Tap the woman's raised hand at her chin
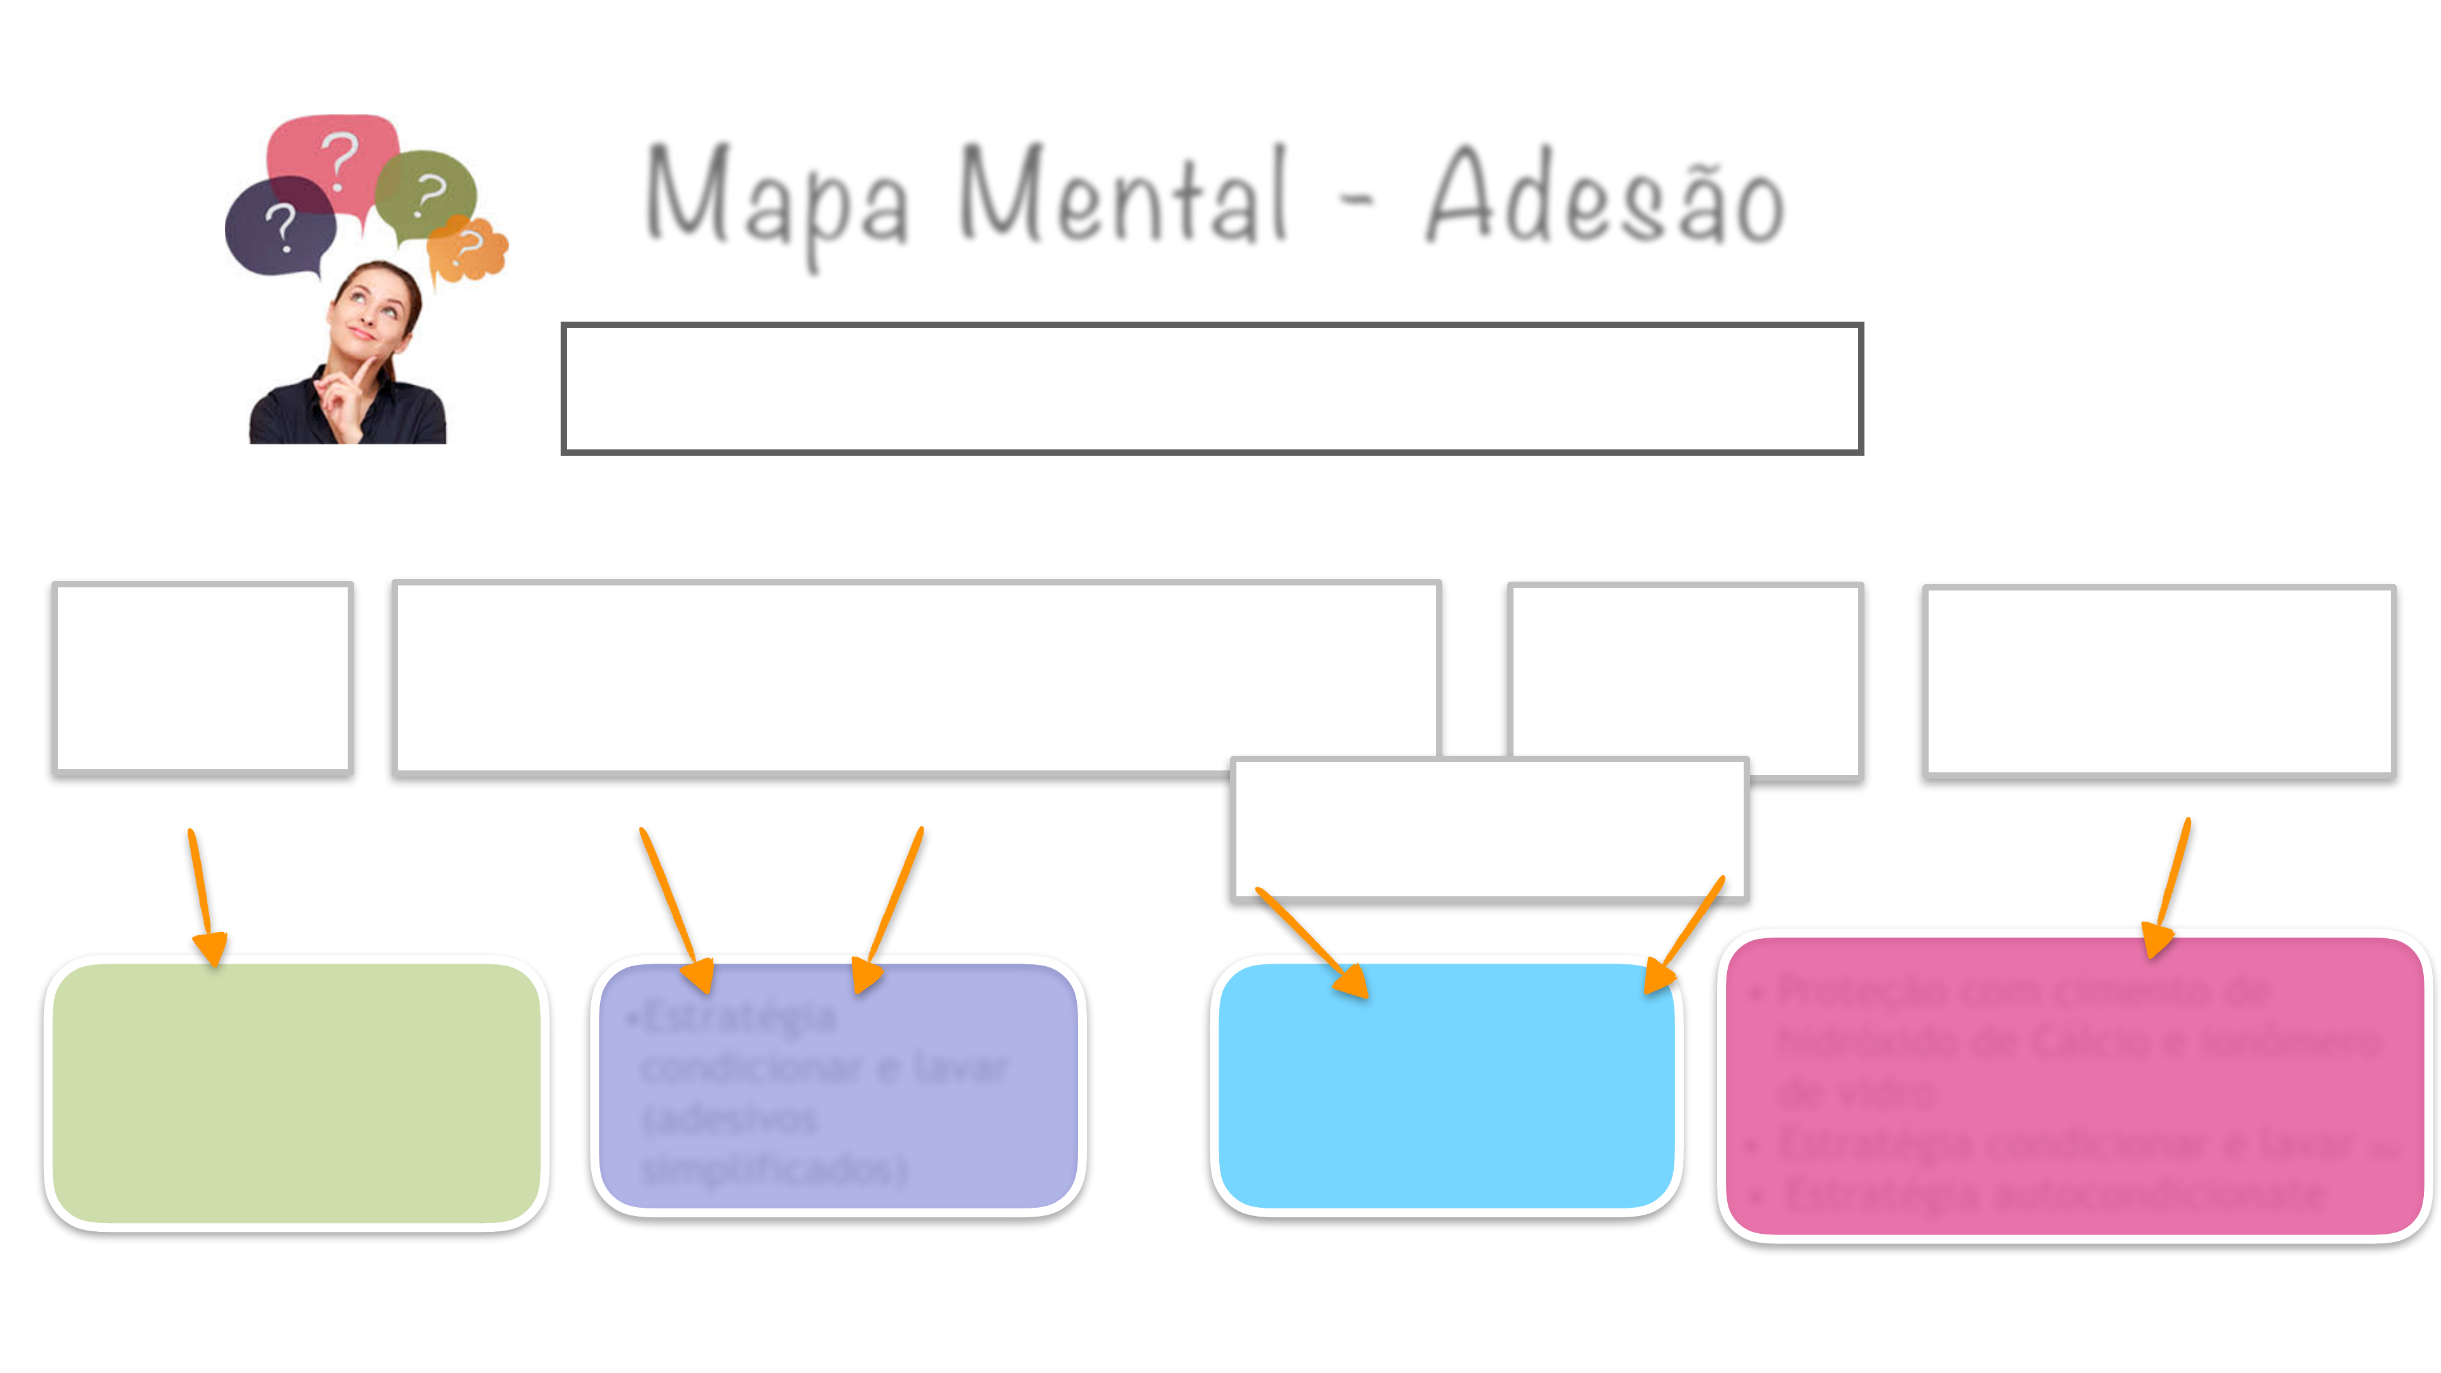346,393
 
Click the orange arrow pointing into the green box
203,900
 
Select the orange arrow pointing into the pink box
2170,891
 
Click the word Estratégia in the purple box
739,1018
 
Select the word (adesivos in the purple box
730,1119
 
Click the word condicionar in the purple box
749,1069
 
